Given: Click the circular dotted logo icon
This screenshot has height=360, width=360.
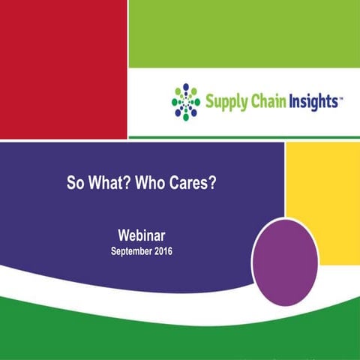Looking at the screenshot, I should [185, 101].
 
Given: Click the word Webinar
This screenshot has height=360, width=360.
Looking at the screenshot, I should [140, 235].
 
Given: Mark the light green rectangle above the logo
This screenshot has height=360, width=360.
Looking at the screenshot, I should [244, 34].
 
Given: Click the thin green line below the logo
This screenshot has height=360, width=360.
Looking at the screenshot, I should [244, 136].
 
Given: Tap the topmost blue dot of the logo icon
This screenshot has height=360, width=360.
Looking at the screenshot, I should [185, 86].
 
